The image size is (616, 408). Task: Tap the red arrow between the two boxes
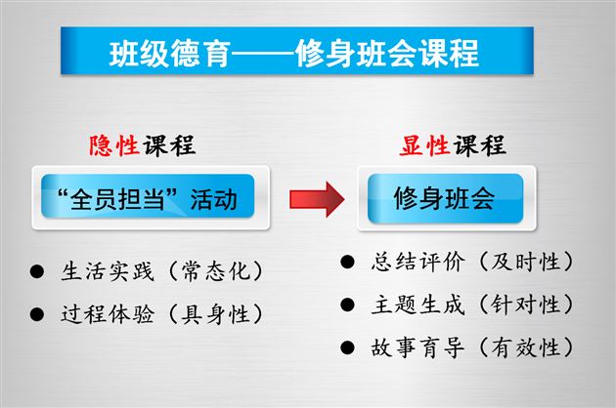click(317, 199)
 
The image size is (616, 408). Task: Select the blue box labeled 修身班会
click(444, 199)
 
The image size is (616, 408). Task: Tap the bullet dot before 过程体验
click(37, 314)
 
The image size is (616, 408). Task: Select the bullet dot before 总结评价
click(347, 262)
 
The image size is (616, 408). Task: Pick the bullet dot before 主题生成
click(347, 305)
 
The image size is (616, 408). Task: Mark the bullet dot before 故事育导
click(347, 347)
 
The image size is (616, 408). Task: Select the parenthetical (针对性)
click(512, 305)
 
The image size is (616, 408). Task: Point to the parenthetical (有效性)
click(512, 347)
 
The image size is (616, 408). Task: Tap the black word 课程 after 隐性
click(168, 146)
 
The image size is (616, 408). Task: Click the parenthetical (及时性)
click(512, 262)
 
